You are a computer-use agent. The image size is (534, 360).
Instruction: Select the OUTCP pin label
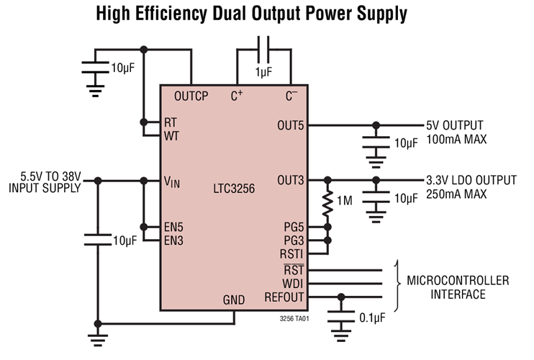191,96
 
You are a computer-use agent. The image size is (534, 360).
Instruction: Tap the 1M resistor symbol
329,203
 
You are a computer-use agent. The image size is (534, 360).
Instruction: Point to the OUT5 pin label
291,125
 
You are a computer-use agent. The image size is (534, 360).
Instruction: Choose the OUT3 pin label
291,180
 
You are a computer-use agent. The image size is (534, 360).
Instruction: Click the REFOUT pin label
286,296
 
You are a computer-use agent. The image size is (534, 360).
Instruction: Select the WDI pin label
293,283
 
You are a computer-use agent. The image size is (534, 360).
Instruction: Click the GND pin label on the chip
233,300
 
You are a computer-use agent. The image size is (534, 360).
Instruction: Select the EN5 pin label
173,227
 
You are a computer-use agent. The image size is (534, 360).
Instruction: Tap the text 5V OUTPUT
455,125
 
